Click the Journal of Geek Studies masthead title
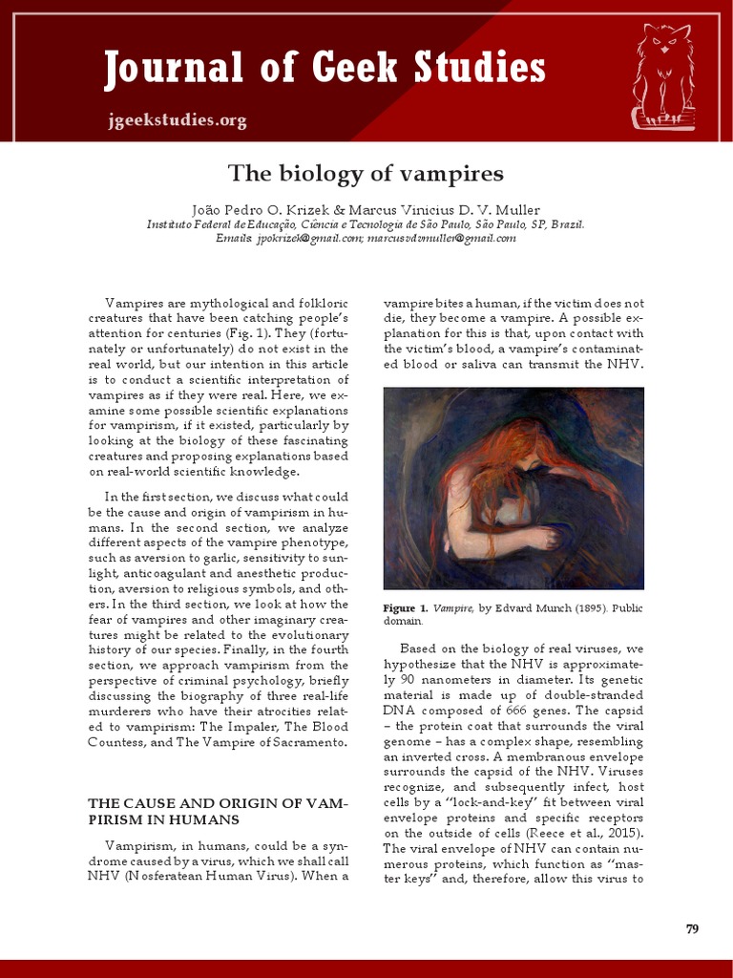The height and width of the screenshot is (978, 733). pos(325,69)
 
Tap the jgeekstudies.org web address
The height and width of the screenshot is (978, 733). pos(177,120)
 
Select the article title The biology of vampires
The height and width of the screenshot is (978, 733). pos(366,174)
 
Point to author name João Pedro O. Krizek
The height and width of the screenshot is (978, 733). pos(259,209)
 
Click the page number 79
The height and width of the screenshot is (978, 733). pos(693,929)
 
